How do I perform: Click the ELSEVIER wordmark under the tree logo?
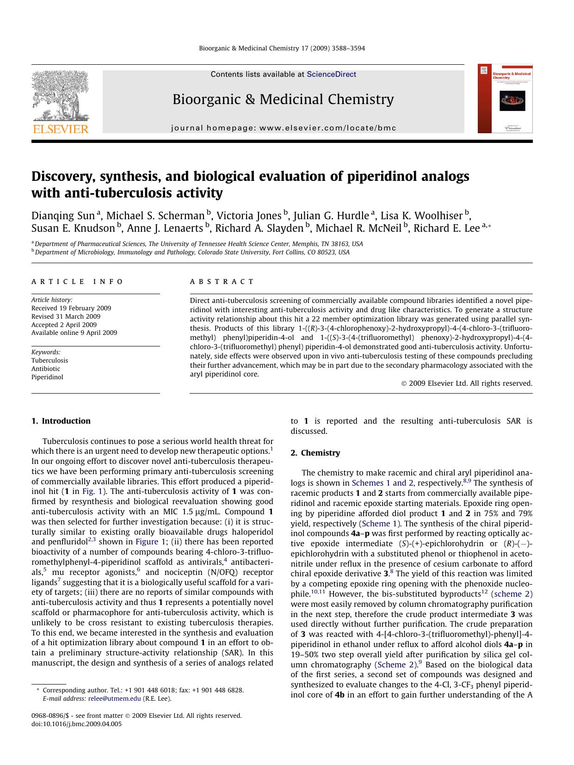[x=60, y=129]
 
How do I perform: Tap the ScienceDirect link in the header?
[x=331, y=74]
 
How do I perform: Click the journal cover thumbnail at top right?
[x=505, y=99]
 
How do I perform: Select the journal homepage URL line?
[x=284, y=128]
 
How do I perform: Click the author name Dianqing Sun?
[x=63, y=216]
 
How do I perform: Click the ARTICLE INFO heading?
[x=77, y=281]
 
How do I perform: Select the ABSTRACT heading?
[x=222, y=281]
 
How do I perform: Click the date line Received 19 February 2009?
[x=71, y=308]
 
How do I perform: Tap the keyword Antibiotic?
[x=46, y=369]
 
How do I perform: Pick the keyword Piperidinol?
[x=47, y=377]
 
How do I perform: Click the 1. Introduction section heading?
[x=61, y=421]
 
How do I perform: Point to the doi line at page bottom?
[x=76, y=724]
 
